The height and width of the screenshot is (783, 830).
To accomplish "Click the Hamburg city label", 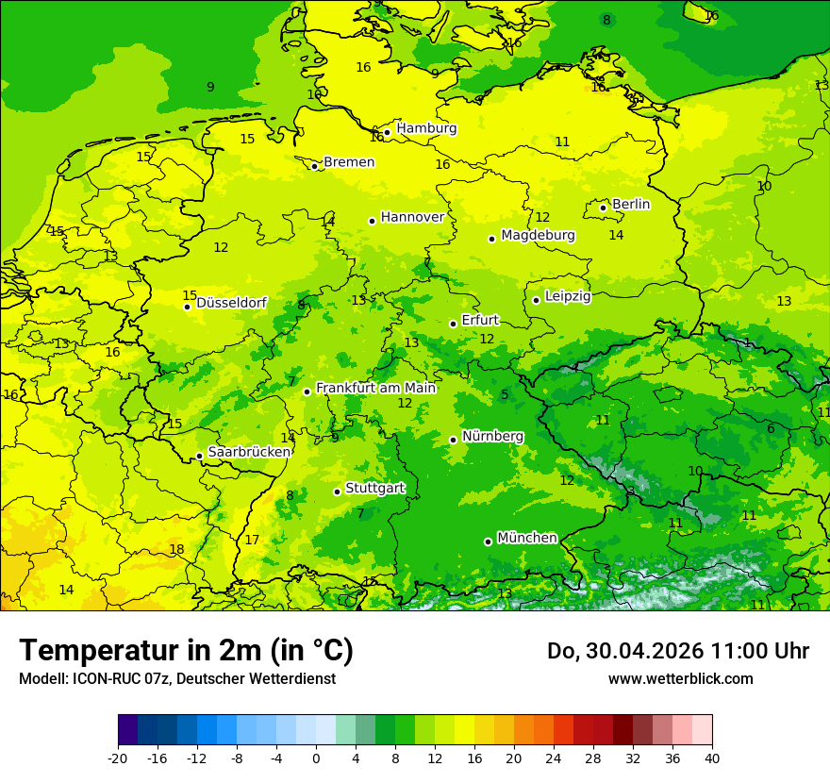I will tap(426, 128).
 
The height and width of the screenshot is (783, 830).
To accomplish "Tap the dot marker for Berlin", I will tap(604, 208).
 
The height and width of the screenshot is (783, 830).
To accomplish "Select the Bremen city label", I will tap(349, 162).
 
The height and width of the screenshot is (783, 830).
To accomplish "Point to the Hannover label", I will tap(412, 217).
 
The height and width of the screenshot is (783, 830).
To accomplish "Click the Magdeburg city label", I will tap(538, 235).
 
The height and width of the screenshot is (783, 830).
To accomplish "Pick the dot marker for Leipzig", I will tap(536, 300).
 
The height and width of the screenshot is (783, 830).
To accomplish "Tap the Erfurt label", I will tap(480, 321).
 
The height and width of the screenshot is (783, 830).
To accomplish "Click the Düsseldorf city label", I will tap(231, 303).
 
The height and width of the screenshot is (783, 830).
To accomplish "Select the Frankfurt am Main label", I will tap(375, 388).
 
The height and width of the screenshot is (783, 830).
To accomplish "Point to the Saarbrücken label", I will tap(249, 453).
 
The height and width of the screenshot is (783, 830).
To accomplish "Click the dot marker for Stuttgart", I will tap(337, 491).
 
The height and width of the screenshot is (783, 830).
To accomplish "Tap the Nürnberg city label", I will tap(492, 437).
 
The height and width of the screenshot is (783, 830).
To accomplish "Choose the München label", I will tap(527, 538).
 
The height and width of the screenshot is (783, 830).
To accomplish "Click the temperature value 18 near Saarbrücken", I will tap(176, 549).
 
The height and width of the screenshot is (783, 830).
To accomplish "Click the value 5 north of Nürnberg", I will tap(505, 395).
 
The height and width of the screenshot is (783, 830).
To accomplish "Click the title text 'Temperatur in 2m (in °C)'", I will tap(186, 651).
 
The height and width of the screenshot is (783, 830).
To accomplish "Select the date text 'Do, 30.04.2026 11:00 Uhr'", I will tap(677, 651).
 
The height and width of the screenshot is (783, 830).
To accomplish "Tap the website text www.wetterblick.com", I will tap(680, 678).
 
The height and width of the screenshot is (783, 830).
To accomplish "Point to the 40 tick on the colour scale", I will tap(711, 758).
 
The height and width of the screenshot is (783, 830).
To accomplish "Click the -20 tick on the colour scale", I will tap(118, 758).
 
